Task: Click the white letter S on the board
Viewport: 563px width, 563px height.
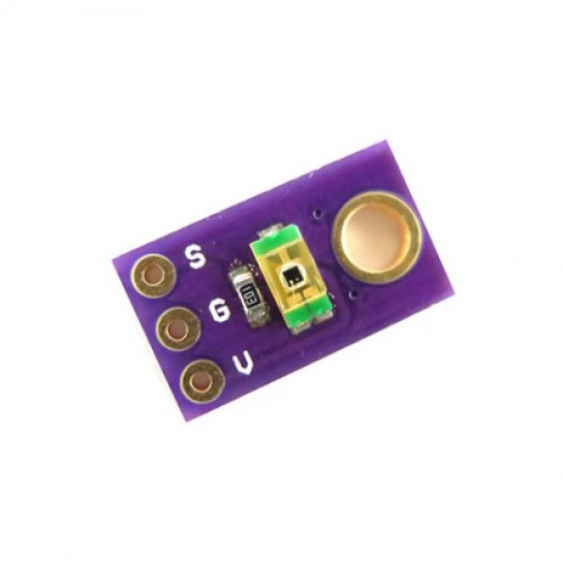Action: [196, 256]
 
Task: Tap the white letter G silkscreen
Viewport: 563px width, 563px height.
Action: [220, 311]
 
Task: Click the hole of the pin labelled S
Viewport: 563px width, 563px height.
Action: [153, 277]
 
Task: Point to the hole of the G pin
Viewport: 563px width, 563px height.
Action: [177, 329]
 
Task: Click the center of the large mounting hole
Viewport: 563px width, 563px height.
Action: [376, 237]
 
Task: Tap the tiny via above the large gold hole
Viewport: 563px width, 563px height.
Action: [317, 214]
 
